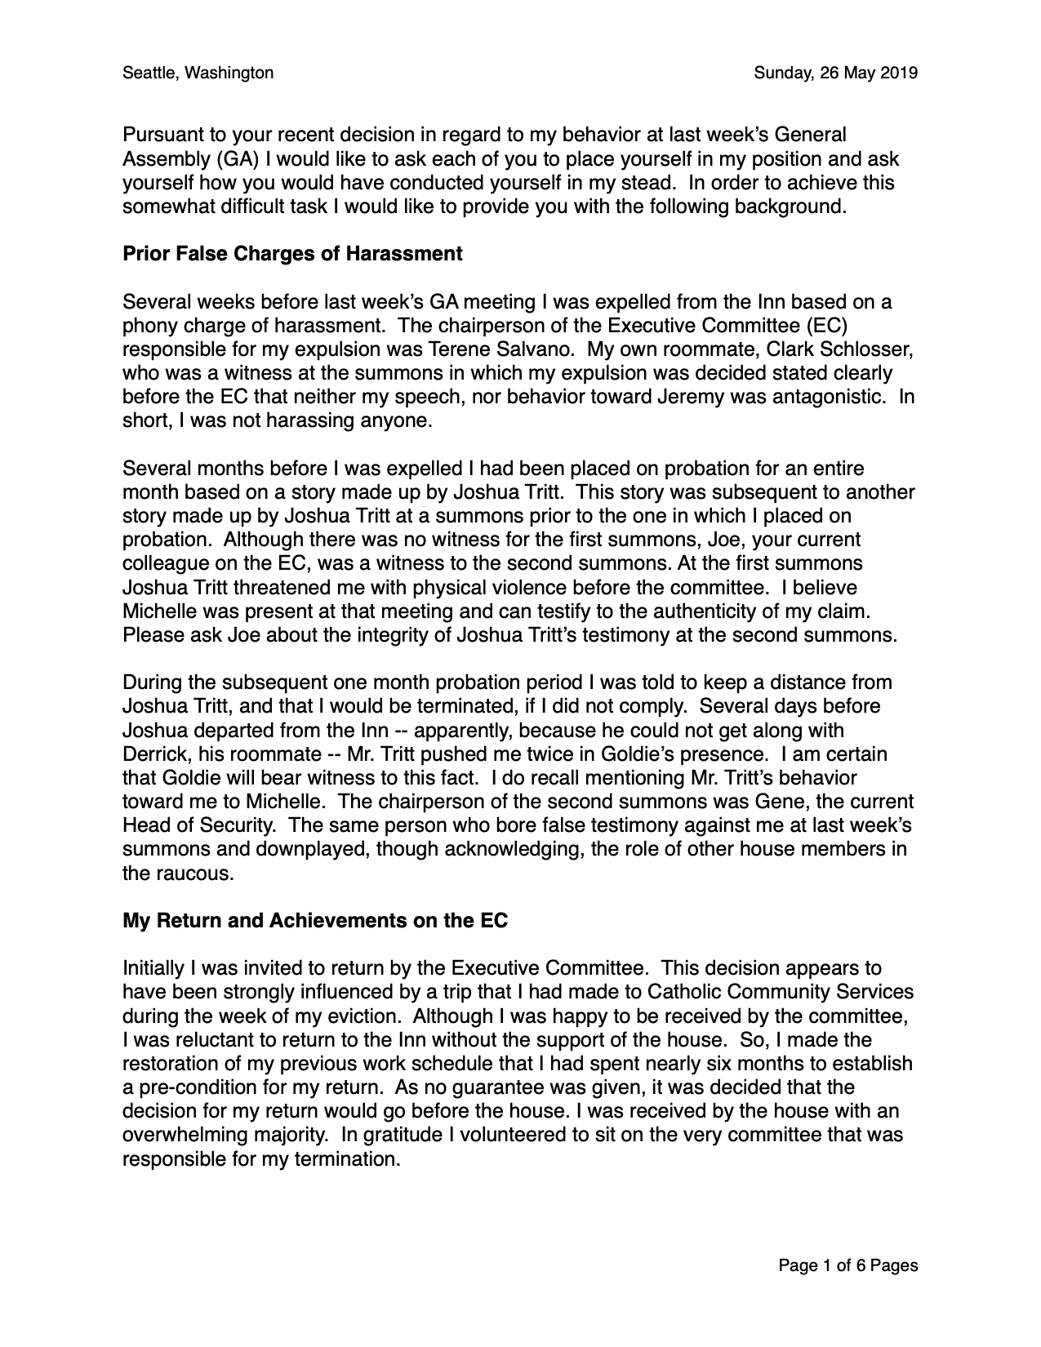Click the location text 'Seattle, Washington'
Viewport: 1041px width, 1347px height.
click(198, 73)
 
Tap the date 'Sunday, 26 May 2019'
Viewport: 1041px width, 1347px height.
click(835, 73)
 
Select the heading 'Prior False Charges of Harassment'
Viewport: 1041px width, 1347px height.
click(292, 254)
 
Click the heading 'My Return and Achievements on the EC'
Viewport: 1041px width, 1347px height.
click(315, 921)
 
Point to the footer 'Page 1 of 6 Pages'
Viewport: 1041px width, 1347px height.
click(847, 1265)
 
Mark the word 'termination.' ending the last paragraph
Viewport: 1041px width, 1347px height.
click(348, 1158)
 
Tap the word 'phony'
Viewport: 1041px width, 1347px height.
click(147, 326)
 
